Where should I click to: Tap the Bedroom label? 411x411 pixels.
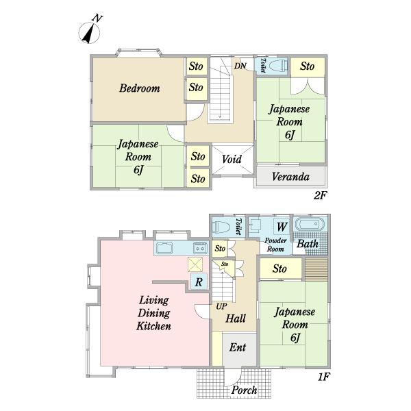(140, 88)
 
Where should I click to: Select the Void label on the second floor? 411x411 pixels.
(232, 159)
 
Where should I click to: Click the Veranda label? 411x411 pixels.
(290, 177)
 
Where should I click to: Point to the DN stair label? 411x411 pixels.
(240, 66)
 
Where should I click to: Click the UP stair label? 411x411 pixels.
(221, 306)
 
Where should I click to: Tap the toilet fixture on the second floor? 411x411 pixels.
(278, 66)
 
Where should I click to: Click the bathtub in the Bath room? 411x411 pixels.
(310, 225)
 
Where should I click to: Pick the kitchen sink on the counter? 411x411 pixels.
(164, 248)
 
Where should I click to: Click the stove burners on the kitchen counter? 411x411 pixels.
(200, 248)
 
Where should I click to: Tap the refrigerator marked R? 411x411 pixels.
(199, 282)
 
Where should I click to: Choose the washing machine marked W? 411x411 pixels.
(282, 226)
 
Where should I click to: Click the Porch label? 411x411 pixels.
(245, 390)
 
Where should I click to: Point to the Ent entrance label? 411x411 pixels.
(238, 347)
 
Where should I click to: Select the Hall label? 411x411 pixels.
(236, 319)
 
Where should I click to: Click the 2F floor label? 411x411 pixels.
(321, 195)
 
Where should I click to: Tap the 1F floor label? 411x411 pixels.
(323, 377)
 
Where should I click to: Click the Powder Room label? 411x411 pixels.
(275, 245)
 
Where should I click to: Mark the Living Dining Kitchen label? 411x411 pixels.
(153, 313)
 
